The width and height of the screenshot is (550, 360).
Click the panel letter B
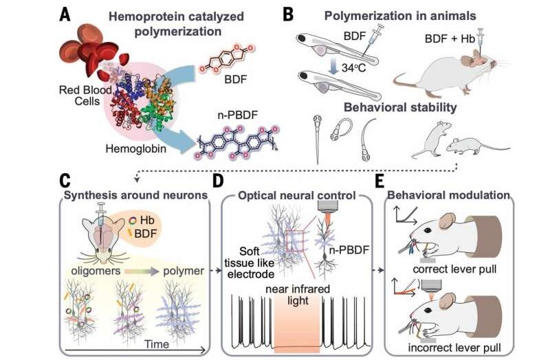pyautogui.click(x=289, y=13)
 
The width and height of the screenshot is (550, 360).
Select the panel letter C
pyautogui.click(x=65, y=181)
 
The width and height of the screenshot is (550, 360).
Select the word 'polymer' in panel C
pyautogui.click(x=183, y=271)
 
